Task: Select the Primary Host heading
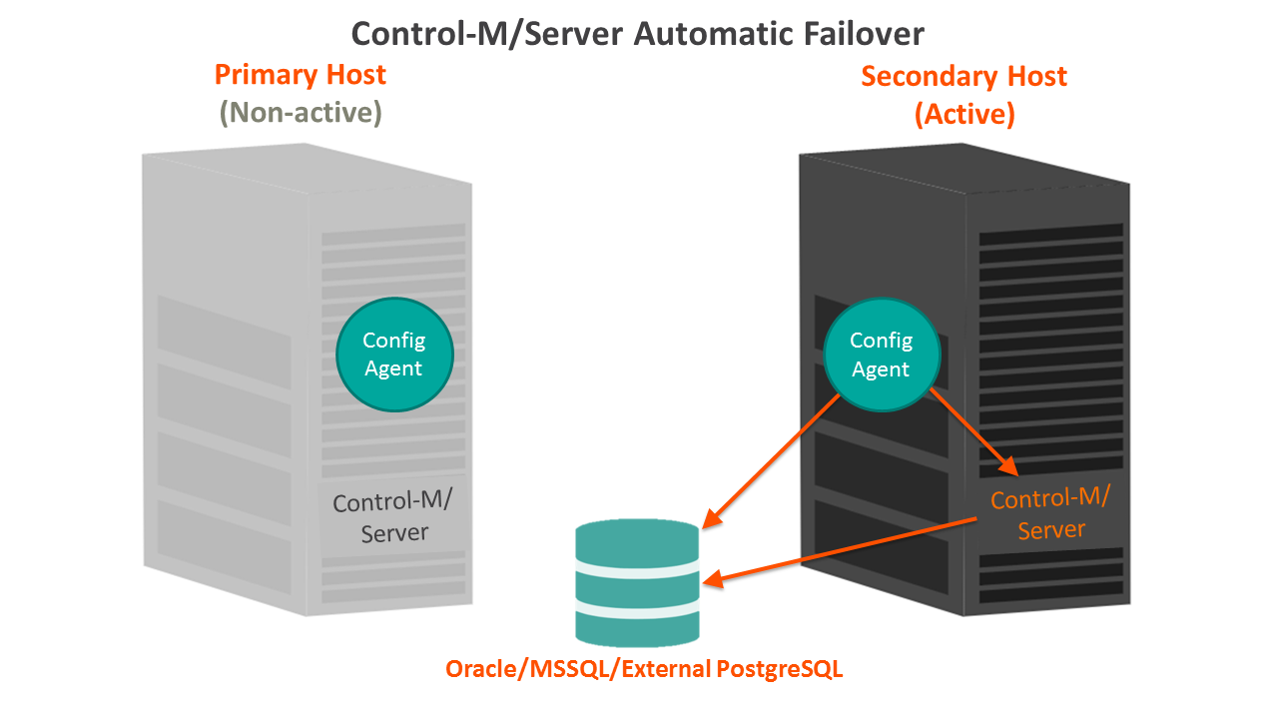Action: (x=301, y=75)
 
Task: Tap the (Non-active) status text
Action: (x=301, y=113)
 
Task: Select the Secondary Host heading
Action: (x=963, y=77)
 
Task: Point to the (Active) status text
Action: (x=964, y=115)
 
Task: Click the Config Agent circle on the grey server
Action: (x=394, y=355)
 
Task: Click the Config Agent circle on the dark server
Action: (x=881, y=356)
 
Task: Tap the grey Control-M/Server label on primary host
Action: (x=393, y=517)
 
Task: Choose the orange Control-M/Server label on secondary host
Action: (x=1050, y=513)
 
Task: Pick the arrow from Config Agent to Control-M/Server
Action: (x=972, y=431)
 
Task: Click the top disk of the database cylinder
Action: (x=637, y=545)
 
